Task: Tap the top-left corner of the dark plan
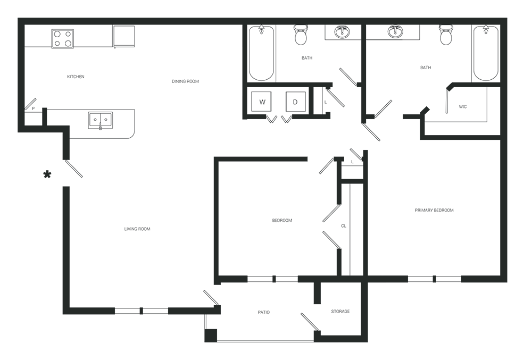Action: pos(18,18)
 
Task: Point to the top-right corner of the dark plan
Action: pos(507,18)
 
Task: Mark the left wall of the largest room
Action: pos(68,223)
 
